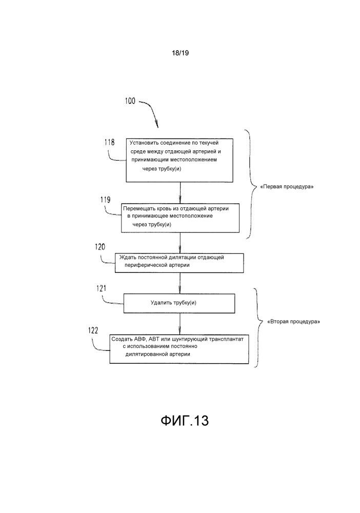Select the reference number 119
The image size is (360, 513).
(104, 199)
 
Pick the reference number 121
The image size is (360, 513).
(102, 288)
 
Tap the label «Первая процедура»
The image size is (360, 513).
(288, 187)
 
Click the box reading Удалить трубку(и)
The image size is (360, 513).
(179, 303)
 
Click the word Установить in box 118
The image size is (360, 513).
(145, 142)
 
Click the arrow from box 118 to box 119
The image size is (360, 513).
(179, 193)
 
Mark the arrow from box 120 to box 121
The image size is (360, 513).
(179, 283)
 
